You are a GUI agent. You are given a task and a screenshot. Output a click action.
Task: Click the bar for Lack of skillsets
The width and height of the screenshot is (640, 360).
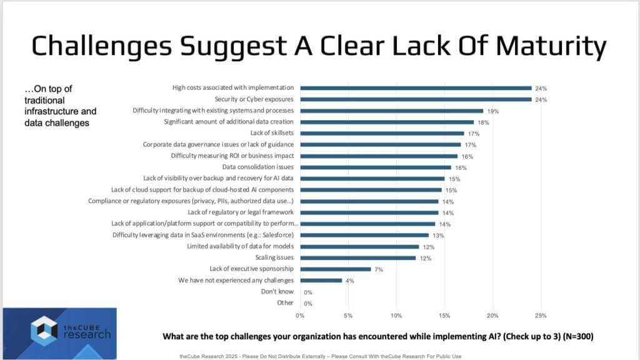(382, 133)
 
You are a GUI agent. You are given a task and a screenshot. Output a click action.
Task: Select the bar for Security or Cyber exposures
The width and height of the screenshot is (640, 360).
(416, 99)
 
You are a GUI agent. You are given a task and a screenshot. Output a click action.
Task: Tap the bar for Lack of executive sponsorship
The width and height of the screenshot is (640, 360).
(336, 269)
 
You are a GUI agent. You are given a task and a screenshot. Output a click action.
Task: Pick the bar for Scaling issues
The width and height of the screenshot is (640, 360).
(357, 258)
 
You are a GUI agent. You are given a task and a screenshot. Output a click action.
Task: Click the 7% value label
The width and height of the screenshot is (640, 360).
(379, 269)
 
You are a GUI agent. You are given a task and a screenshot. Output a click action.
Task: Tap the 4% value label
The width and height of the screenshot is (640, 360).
(350, 281)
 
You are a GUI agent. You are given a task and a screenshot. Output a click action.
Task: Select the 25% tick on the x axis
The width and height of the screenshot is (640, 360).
(541, 314)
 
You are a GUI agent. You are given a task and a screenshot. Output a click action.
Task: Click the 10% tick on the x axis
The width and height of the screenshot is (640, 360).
(396, 314)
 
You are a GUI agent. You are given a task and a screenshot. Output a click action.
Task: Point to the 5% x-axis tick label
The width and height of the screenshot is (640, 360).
(348, 314)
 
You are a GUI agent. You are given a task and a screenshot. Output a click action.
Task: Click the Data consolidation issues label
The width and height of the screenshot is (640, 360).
(258, 167)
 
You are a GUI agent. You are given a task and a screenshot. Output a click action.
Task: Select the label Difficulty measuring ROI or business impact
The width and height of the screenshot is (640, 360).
(232, 156)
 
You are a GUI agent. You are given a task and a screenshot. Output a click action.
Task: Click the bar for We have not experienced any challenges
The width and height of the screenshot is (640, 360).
(321, 281)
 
